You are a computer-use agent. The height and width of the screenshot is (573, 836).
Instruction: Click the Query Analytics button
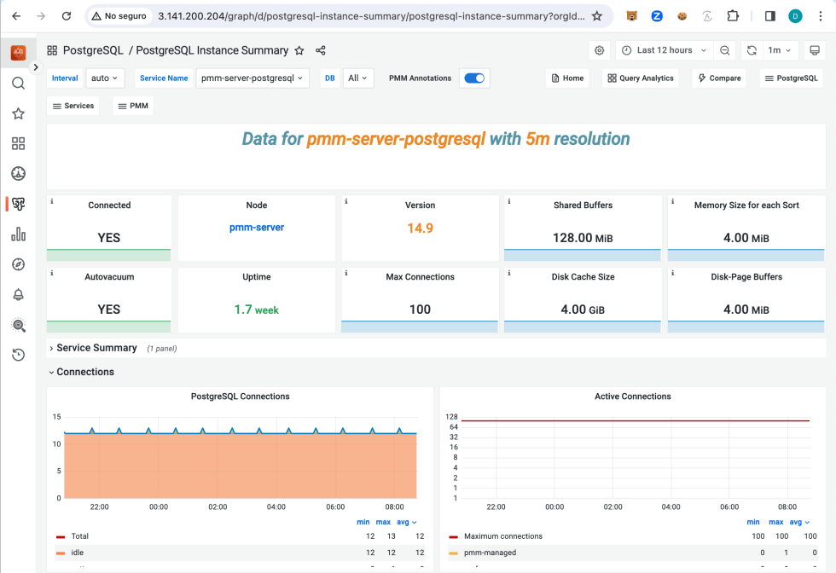[640, 78]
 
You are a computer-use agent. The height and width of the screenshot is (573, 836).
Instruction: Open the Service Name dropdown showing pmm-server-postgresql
[253, 78]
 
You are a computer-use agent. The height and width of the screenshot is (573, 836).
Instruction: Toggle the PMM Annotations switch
[474, 78]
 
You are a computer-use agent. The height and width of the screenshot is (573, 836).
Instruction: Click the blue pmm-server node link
[257, 228]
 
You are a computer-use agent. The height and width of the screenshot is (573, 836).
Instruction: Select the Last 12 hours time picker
[665, 50]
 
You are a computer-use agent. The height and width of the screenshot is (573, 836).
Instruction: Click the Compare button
[718, 78]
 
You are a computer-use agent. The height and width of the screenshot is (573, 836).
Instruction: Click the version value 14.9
[420, 228]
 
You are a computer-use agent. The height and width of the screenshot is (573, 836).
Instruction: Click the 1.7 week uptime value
[257, 310]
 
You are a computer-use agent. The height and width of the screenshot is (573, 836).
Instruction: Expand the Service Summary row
[96, 348]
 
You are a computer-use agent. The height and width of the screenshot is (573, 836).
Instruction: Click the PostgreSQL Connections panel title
[240, 396]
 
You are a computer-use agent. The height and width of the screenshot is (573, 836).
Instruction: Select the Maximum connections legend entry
[502, 536]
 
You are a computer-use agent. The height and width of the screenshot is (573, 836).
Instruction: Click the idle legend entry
[78, 553]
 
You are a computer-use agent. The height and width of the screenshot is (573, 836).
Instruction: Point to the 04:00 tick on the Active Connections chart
[671, 506]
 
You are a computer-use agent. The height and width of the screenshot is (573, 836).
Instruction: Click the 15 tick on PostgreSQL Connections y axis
[57, 417]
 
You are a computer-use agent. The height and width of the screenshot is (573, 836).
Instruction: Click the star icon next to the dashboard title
[299, 50]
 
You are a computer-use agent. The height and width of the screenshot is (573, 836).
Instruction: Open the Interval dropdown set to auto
[105, 78]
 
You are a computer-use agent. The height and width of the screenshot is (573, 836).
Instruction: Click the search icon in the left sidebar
[18, 84]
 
